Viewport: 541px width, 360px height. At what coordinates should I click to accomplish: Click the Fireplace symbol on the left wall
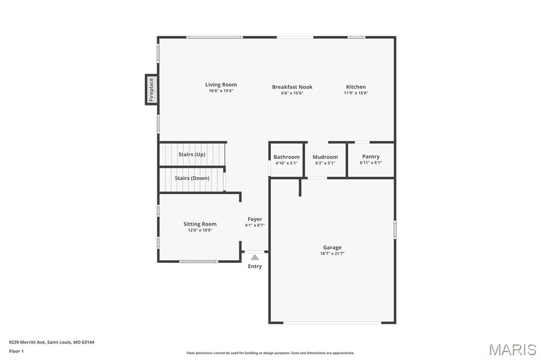point(151,89)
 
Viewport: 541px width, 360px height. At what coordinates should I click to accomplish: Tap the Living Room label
point(221,84)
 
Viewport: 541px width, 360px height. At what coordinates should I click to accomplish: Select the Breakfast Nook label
point(292,87)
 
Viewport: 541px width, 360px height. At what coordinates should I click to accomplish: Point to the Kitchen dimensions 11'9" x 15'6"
point(356,93)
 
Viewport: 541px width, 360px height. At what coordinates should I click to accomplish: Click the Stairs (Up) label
point(192,154)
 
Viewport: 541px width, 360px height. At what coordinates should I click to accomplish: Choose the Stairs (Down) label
point(192,178)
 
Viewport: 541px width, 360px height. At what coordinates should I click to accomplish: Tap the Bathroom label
point(286,157)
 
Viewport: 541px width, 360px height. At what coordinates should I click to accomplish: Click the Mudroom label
point(325,157)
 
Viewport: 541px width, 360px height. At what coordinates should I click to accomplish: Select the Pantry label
point(371,156)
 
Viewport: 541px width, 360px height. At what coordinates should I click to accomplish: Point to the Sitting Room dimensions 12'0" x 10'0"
point(200,230)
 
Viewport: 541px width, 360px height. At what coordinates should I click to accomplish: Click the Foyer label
point(255,219)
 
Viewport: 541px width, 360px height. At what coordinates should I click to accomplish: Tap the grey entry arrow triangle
point(255,257)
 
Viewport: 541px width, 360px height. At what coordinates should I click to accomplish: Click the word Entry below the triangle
point(255,266)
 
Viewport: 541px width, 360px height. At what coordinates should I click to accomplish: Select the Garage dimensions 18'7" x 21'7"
point(332,253)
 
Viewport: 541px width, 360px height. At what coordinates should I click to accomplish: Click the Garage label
point(332,247)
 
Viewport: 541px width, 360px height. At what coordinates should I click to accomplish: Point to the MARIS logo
point(512,349)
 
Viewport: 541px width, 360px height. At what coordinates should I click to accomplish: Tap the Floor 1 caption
point(16,351)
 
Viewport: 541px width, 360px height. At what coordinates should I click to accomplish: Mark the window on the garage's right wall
point(395,230)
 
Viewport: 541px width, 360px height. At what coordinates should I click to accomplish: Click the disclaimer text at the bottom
point(270,353)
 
